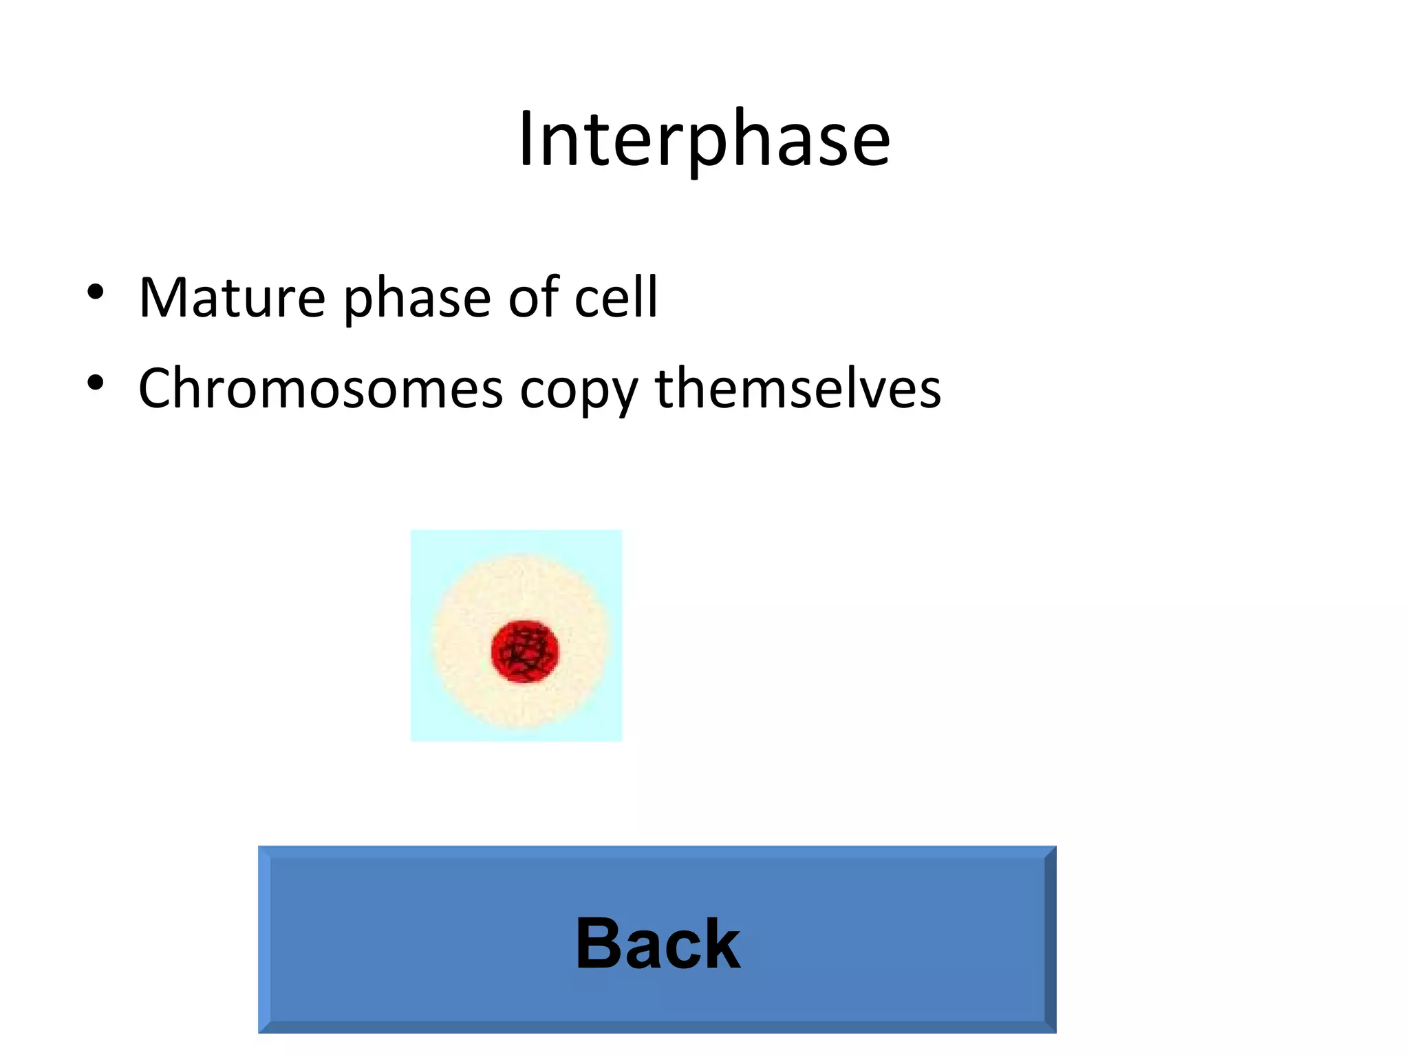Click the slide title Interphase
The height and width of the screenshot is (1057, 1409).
tap(704, 140)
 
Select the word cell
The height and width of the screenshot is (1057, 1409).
tap(616, 297)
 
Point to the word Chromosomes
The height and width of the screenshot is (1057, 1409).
tap(320, 389)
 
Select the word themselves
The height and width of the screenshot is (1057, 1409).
tap(797, 389)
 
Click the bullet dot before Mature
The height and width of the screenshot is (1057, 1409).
tap(96, 292)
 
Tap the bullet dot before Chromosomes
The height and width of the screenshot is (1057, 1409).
tap(96, 383)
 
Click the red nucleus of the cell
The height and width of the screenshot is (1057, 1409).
tap(525, 651)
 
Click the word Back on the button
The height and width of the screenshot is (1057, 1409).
tap(658, 943)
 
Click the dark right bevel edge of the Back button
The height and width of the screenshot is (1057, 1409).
tap(1050, 939)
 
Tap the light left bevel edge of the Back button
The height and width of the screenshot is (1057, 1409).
tap(264, 939)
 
